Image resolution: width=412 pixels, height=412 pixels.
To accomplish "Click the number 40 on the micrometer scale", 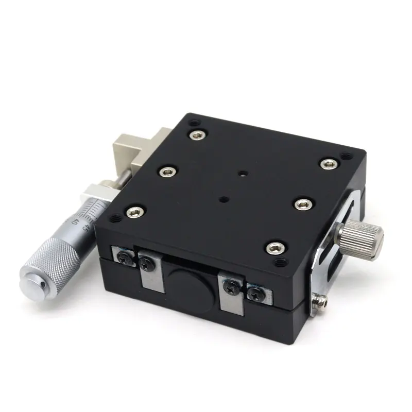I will [75, 222].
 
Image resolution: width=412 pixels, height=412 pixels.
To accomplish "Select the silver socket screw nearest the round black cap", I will [274, 248].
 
